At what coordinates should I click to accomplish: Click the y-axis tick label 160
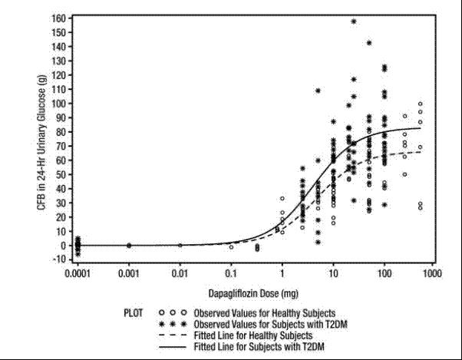(x=58, y=17)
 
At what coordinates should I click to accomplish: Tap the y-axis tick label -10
(x=58, y=259)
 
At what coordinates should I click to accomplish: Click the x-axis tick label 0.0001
(x=78, y=272)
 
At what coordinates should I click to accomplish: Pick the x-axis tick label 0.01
(x=180, y=272)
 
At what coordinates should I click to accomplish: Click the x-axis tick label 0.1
(x=231, y=272)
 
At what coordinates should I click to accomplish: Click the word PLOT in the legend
(x=133, y=313)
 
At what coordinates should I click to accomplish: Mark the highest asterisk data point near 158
(x=354, y=21)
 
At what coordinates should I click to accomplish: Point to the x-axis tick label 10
(x=333, y=272)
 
